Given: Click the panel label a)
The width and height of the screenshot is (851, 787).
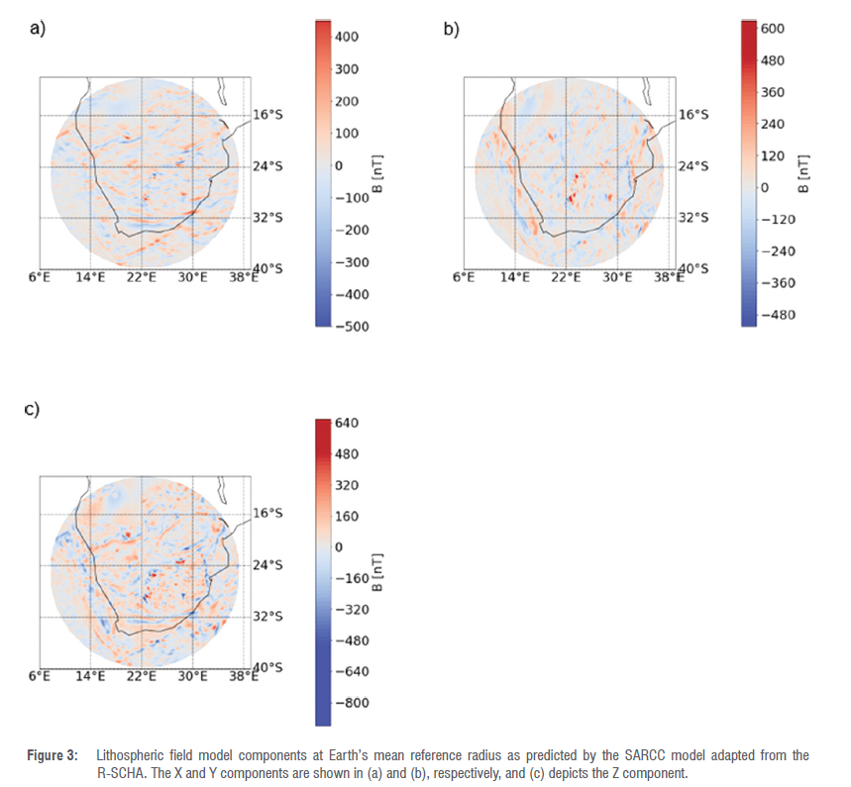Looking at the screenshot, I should [x=38, y=29].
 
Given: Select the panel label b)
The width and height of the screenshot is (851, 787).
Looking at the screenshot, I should [x=451, y=29].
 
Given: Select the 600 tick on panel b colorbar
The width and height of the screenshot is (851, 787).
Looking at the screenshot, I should [x=771, y=29].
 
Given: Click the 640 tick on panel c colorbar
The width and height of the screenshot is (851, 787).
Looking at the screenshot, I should [x=346, y=423].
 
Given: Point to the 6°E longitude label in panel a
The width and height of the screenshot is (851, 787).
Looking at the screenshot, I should [x=39, y=278].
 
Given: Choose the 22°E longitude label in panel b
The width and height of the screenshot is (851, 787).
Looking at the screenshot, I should [x=566, y=278].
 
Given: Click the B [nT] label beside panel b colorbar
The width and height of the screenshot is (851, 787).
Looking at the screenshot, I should [x=803, y=175].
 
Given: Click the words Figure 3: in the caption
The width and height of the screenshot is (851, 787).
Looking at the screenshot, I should [x=52, y=755].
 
